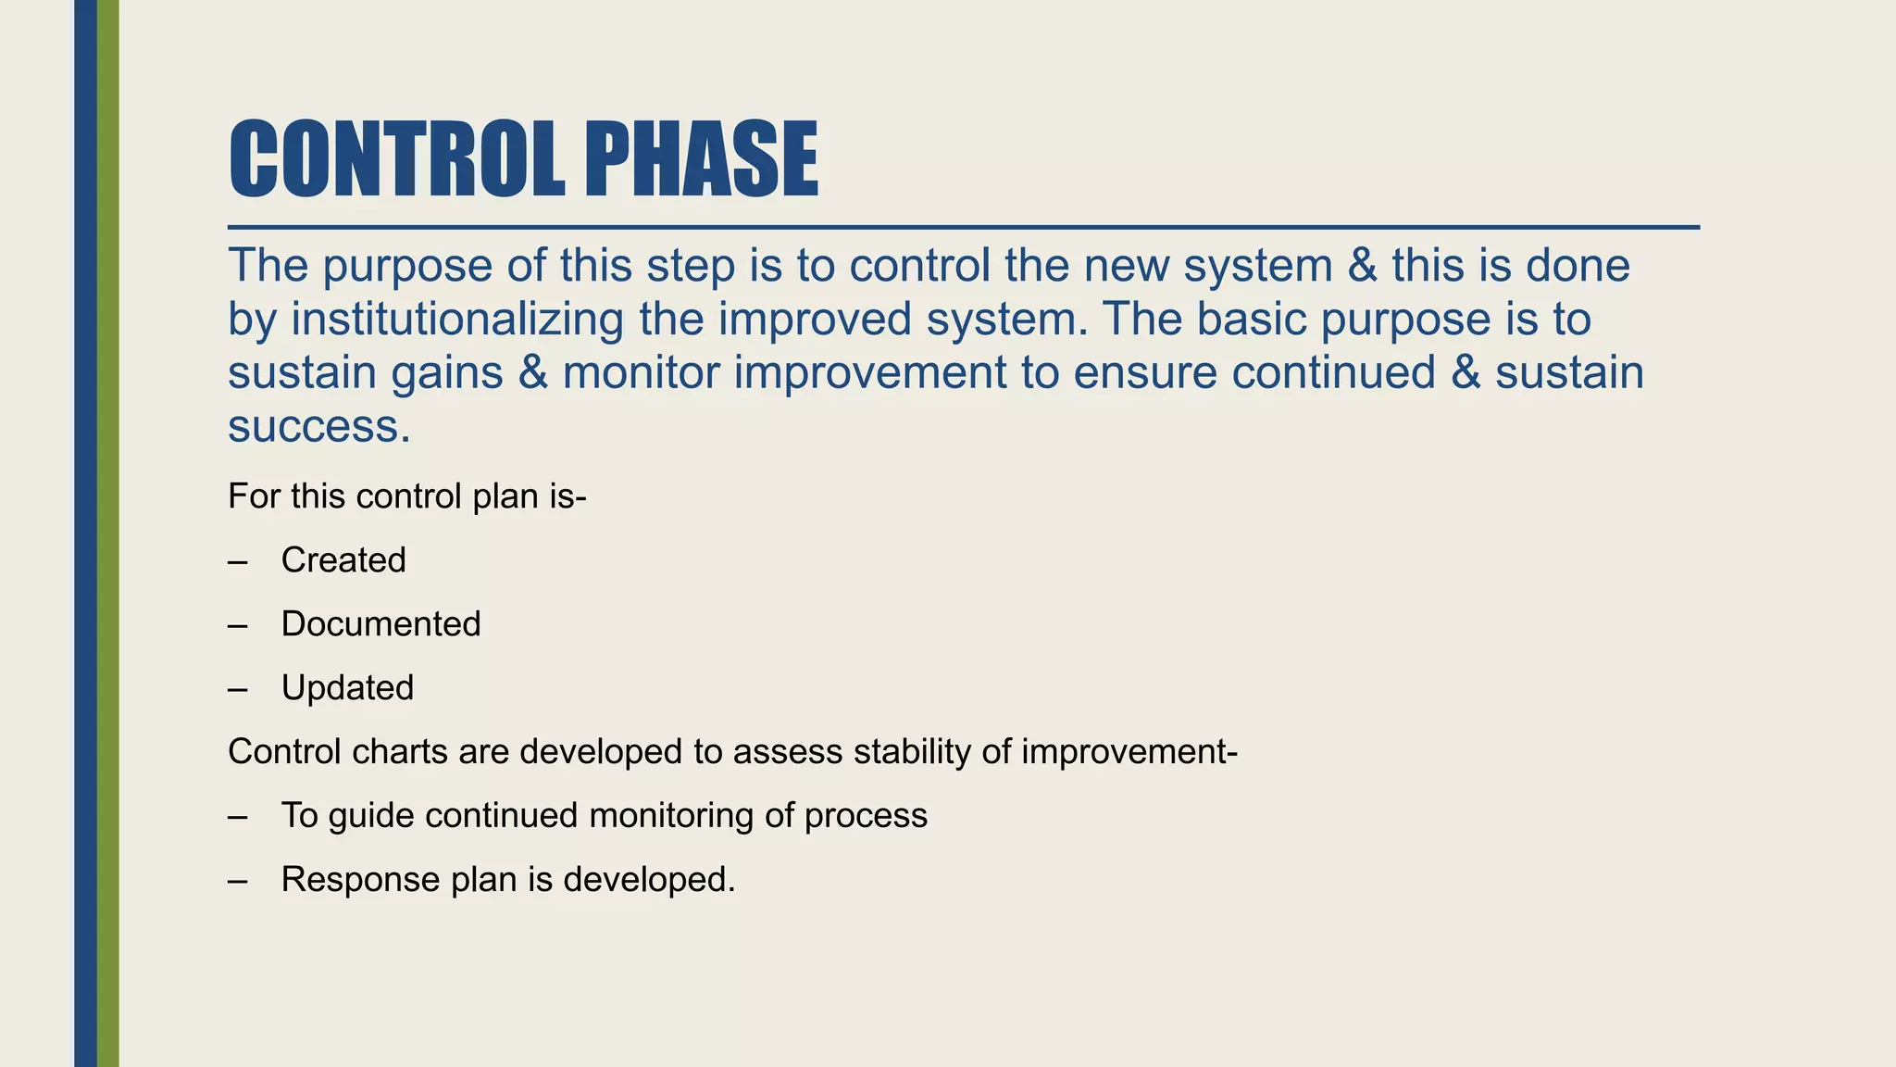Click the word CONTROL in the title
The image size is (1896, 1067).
[x=396, y=159]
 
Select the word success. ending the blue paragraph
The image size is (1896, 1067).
[x=318, y=427]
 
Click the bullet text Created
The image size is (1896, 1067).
[x=343, y=560]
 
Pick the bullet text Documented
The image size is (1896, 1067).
[x=380, y=624]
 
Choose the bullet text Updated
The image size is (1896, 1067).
[x=347, y=688]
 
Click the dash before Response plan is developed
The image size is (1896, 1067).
[x=238, y=880]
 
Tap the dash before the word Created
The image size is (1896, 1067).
[x=238, y=561]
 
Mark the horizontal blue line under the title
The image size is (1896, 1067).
[x=963, y=227]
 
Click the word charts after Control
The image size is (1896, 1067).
[x=400, y=752]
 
